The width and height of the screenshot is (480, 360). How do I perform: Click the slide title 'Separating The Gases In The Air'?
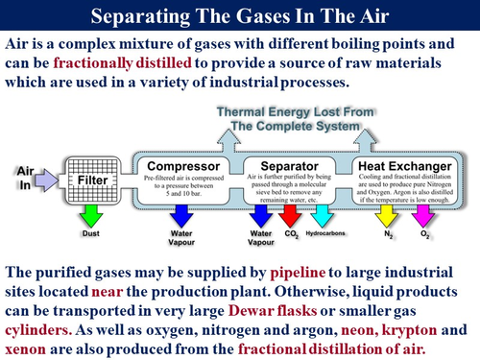point(240,16)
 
